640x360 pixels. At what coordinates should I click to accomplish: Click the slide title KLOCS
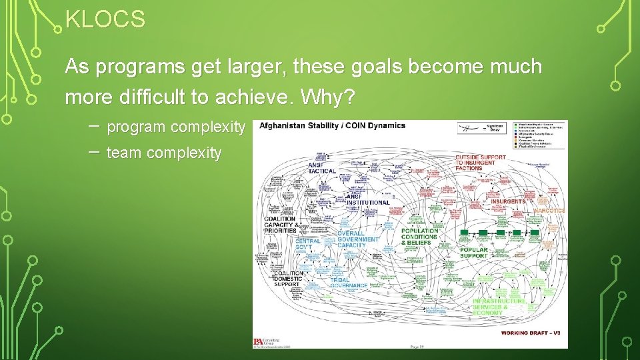(x=105, y=20)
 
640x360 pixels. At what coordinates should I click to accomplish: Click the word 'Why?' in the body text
(x=329, y=97)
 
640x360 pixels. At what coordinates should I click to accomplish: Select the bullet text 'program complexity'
(x=175, y=127)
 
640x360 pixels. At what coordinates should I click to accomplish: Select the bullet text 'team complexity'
(x=163, y=153)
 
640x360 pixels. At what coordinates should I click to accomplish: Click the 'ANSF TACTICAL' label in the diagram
(x=322, y=168)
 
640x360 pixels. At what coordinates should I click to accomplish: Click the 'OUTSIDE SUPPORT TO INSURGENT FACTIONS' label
(x=480, y=163)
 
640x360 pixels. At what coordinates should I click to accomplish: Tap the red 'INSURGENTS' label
(x=508, y=201)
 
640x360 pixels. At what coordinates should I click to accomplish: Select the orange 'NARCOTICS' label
(x=549, y=211)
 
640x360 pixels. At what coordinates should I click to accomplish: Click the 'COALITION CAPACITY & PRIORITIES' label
(x=280, y=225)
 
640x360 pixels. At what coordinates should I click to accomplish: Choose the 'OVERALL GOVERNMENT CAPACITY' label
(x=357, y=239)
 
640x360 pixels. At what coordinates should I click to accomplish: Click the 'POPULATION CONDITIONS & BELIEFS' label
(x=419, y=237)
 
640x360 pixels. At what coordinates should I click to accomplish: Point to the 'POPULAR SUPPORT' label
(x=474, y=253)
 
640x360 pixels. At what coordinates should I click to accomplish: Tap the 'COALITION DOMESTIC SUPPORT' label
(x=287, y=279)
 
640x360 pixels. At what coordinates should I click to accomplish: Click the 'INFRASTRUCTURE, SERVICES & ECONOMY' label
(x=499, y=307)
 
